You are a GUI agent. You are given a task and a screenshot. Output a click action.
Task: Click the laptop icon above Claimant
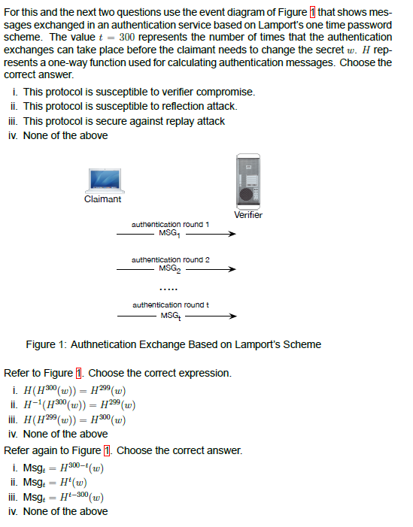[104, 180]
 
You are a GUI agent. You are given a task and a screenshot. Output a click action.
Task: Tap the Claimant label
[103, 199]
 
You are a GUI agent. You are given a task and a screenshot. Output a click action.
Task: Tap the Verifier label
[248, 215]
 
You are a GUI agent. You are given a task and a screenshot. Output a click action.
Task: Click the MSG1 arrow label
[170, 233]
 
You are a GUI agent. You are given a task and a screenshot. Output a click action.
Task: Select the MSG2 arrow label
[170, 268]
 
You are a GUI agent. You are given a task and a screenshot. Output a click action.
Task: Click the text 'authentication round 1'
[170, 224]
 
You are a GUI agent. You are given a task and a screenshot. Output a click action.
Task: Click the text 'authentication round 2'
[170, 259]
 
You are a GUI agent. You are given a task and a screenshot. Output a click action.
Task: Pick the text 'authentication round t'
[170, 304]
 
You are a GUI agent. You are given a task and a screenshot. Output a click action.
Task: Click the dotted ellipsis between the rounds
[169, 288]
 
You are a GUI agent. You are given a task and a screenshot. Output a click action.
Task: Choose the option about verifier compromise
[139, 92]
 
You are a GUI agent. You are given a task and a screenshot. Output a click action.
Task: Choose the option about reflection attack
[130, 106]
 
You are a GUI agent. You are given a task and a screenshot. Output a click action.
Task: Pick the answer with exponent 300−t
[64, 468]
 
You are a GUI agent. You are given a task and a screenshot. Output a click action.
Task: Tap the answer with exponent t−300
[64, 496]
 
